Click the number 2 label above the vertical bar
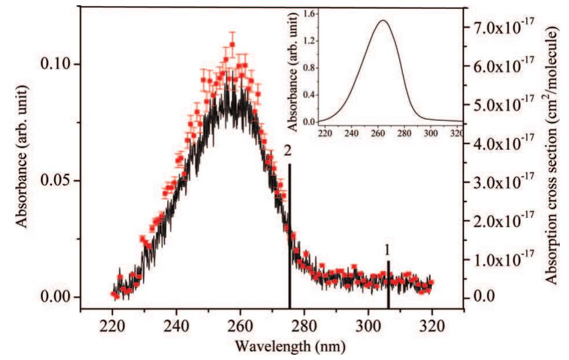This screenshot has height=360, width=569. [287, 151]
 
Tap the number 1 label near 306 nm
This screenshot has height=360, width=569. [388, 250]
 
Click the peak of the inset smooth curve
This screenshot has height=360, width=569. [383, 21]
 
